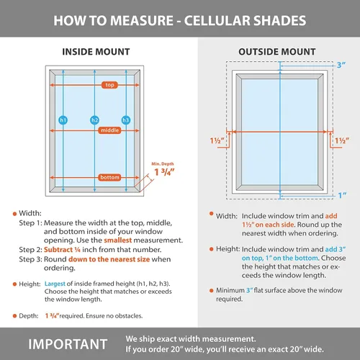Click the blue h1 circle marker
[x=63, y=120]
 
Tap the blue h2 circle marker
[x=94, y=120]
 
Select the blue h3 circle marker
[x=126, y=120]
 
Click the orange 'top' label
[x=109, y=85]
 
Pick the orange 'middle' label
[x=109, y=130]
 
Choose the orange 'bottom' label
[x=109, y=177]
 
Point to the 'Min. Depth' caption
[x=163, y=163]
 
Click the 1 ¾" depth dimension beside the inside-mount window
[x=164, y=172]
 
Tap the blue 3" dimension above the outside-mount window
[x=341, y=65]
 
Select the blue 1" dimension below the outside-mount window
[x=342, y=195]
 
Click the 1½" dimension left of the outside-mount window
[x=217, y=140]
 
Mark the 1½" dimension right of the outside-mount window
[x=342, y=140]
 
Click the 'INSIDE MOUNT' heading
[x=96, y=52]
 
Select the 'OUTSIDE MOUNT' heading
[x=277, y=52]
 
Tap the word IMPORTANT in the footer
[x=68, y=344]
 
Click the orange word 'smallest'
[x=118, y=240]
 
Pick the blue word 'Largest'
[x=55, y=284]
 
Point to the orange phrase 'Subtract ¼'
[x=62, y=250]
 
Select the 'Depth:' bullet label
[x=29, y=316]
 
